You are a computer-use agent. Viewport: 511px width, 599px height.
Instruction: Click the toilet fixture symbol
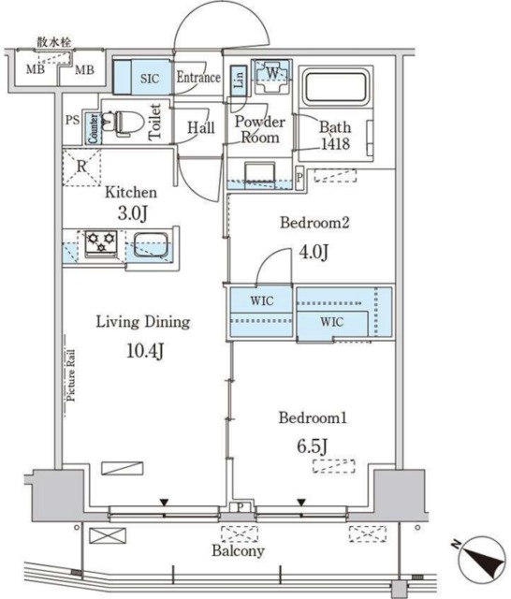coord(124,123)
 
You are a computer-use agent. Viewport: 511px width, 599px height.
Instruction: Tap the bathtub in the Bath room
coord(335,87)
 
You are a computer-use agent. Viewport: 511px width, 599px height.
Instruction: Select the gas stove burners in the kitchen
coord(101,242)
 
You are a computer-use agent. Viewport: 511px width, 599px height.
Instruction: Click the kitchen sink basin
coord(152,245)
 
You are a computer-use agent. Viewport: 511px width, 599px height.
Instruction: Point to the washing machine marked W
coord(272,76)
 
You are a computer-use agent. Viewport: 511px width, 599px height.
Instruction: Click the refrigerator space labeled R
coord(81,167)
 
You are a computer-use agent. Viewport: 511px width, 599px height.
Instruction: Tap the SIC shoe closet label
coord(150,79)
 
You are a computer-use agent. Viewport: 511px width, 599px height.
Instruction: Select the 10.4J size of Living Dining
coord(145,351)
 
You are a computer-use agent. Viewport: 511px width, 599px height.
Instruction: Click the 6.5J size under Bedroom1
coord(313,446)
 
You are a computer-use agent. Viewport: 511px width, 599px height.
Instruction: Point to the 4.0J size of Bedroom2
coord(314,252)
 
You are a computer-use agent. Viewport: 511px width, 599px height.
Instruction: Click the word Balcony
coord(239,550)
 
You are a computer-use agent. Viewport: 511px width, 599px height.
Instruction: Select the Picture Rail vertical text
coord(71,375)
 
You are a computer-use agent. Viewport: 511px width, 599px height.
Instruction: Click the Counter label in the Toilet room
coord(94,129)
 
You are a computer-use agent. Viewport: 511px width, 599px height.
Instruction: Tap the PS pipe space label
coord(73,120)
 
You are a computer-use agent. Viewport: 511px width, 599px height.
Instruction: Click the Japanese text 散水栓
coord(54,42)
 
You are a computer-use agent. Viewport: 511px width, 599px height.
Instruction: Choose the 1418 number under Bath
coord(335,143)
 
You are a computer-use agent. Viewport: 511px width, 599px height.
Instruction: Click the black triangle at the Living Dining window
coord(164,503)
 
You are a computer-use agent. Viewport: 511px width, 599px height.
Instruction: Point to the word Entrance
coord(198,78)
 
